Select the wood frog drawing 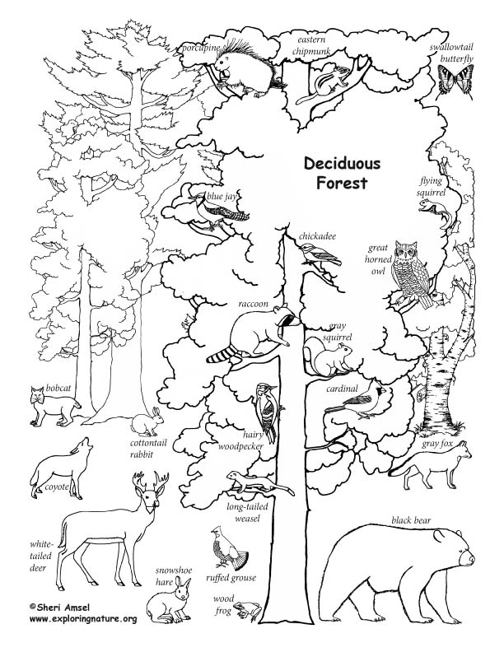click(246, 609)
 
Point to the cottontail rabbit click(147, 423)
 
